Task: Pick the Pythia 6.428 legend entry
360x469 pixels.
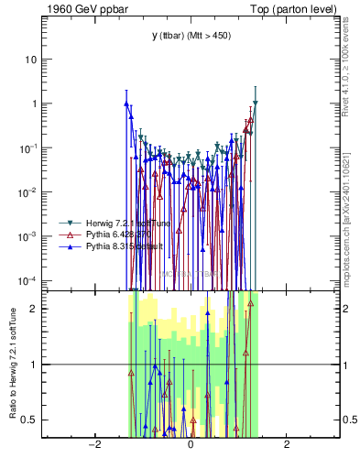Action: pyautogui.click(x=104, y=234)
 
